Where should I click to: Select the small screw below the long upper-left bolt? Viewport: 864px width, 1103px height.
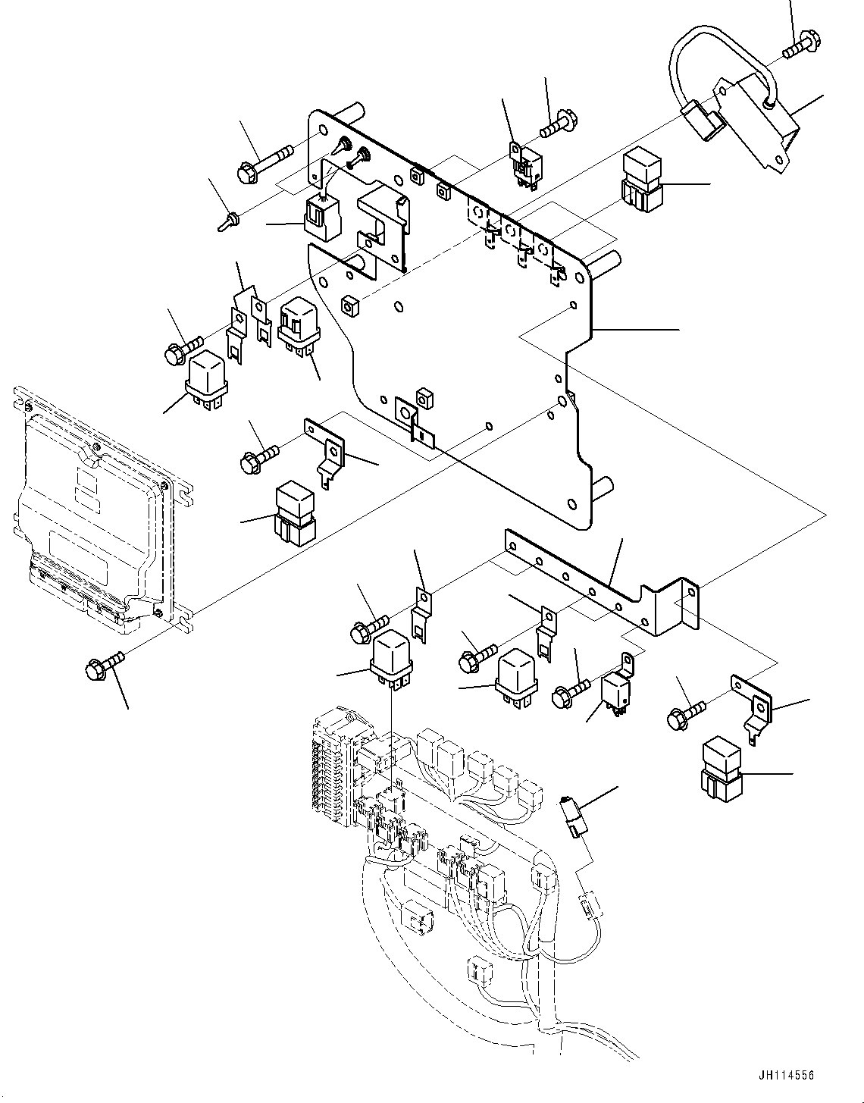coord(228,221)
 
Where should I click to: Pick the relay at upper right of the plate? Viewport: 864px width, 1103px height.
coord(640,180)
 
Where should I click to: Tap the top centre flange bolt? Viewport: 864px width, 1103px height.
coord(559,124)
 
